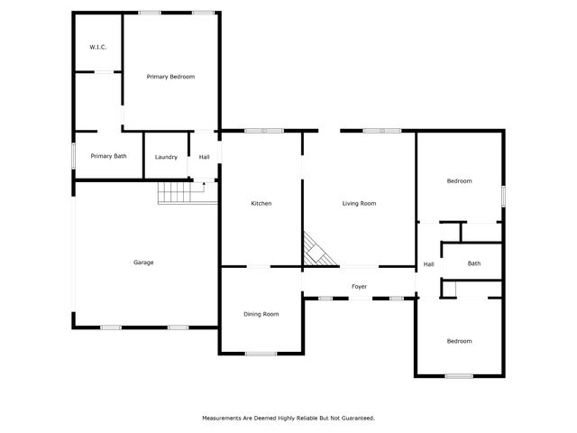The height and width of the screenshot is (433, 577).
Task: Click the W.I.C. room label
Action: (98, 46)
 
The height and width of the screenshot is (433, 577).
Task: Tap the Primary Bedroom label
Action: (170, 77)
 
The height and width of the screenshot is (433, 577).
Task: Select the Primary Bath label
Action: (108, 156)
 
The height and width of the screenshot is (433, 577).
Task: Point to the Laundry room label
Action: (166, 157)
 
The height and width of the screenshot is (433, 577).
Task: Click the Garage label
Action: (143, 263)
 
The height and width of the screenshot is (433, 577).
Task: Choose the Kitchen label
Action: (261, 203)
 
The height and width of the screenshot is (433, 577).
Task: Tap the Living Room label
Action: (359, 203)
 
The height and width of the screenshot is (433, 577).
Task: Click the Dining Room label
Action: (261, 314)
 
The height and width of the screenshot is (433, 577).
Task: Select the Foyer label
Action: (359, 287)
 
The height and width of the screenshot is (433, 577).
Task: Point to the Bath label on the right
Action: (473, 263)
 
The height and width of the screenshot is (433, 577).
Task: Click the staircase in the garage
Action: (177, 192)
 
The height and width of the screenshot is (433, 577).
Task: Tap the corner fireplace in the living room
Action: (316, 251)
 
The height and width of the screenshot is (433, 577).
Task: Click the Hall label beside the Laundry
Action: (205, 157)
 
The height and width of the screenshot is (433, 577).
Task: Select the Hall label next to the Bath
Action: (428, 264)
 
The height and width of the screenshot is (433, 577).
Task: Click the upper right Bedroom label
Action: (459, 181)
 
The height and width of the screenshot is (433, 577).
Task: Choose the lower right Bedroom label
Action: (459, 341)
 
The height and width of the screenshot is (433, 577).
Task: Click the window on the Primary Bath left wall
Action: (74, 155)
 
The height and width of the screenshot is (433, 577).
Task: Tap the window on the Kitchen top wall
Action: (263, 131)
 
